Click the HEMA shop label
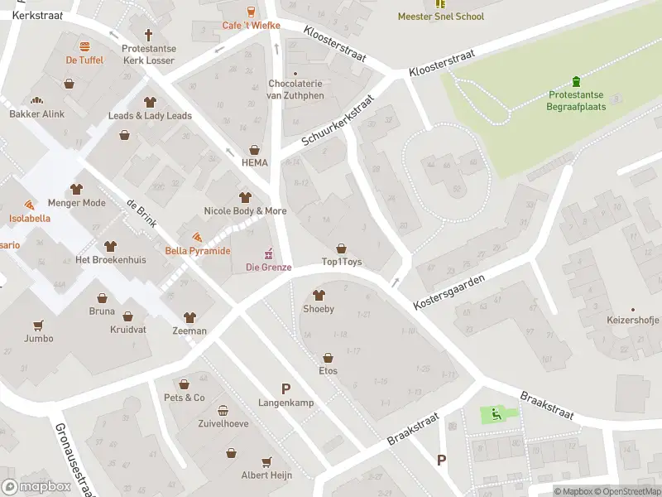point(254,162)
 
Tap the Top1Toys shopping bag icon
point(341,248)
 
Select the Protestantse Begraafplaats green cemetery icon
point(577,82)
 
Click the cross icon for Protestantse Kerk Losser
point(149,35)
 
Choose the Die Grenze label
point(268,267)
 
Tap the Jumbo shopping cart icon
point(38,325)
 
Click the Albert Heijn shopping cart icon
point(266,461)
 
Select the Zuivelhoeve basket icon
point(223,411)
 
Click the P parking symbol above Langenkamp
point(286,388)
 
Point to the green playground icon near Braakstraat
point(496,414)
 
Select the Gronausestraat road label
point(74,461)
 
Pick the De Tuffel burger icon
point(84,47)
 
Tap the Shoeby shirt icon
point(319,296)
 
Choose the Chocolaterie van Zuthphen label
point(295,89)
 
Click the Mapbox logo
point(36,487)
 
